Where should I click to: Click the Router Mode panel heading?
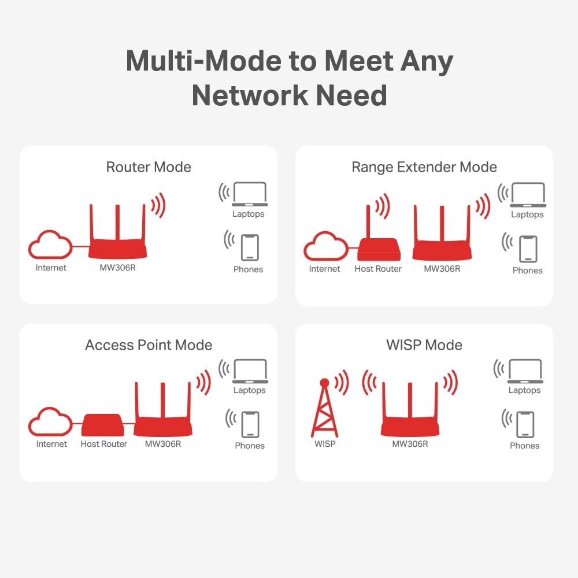click(x=149, y=168)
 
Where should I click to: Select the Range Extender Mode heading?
click(x=424, y=168)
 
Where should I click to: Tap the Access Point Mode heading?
click(x=149, y=346)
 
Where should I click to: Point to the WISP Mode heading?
click(x=424, y=346)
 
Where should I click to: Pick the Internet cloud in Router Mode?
click(x=51, y=246)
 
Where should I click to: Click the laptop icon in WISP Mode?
click(x=524, y=372)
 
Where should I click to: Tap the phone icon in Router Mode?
click(x=250, y=247)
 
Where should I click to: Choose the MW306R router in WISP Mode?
click(x=410, y=416)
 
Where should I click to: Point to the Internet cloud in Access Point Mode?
click(x=51, y=423)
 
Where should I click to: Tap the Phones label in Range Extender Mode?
click(x=528, y=271)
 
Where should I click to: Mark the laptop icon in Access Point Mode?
click(x=250, y=371)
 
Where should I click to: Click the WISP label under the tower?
click(x=325, y=444)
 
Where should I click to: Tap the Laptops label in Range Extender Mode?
click(x=527, y=214)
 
